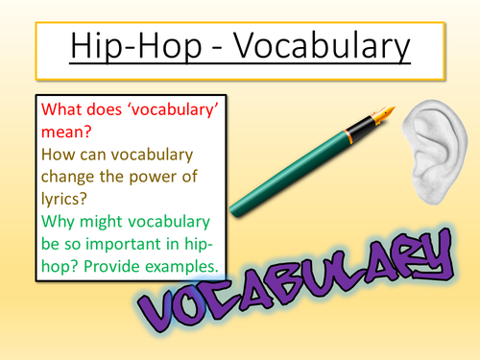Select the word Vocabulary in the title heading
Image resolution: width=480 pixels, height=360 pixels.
pyautogui.click(x=316, y=46)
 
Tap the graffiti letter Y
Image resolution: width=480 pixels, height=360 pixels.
pyautogui.click(x=429, y=252)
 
